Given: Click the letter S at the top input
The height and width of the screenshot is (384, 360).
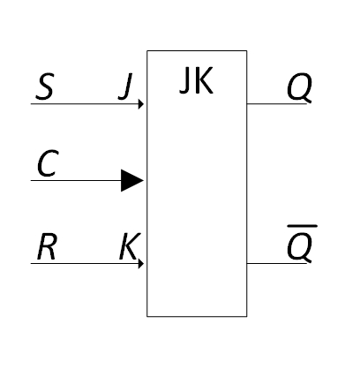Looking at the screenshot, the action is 45,87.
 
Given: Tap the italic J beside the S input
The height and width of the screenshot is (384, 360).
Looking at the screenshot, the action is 126,87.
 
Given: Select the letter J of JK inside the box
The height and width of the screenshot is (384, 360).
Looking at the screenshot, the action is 185,80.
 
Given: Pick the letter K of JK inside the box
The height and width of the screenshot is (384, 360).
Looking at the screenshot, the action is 204,80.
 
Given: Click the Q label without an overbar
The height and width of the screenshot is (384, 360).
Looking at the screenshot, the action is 299,87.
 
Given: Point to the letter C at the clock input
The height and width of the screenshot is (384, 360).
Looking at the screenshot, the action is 48,163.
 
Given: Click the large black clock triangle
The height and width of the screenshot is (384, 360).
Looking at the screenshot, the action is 132,180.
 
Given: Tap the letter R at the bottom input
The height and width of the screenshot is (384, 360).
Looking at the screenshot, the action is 47,246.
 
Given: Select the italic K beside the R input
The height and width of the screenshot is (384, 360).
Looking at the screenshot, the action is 130,246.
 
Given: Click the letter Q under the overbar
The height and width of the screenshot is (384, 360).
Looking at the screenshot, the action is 299,247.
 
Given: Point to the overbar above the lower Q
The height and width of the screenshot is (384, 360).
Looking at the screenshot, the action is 302,226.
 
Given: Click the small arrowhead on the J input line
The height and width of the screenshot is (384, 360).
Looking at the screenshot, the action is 141,104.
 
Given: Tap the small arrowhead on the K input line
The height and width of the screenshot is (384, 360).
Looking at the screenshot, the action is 141,263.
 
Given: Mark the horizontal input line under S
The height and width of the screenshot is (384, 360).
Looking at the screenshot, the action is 85,104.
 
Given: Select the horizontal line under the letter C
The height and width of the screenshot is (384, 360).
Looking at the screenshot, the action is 76,180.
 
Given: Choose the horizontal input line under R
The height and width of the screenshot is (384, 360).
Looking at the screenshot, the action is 85,263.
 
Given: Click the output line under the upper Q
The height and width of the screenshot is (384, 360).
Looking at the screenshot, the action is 277,104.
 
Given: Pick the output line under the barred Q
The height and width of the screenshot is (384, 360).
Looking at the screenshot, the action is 277,263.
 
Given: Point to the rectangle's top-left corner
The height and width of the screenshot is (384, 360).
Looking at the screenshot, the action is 147,51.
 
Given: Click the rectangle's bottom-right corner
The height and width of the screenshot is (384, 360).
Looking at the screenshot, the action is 247,317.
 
